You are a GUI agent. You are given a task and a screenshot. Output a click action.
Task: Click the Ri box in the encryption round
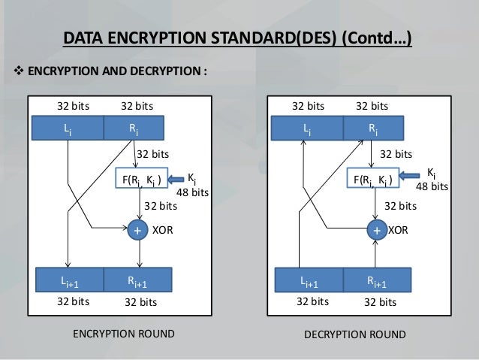coord(134,129)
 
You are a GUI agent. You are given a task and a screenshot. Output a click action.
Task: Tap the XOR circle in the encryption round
coord(137,231)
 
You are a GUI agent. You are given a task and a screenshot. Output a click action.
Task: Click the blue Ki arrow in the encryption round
coord(177,179)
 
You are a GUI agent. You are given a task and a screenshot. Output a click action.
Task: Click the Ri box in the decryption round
coord(372,129)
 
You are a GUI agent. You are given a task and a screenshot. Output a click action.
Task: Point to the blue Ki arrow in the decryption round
coord(415,178)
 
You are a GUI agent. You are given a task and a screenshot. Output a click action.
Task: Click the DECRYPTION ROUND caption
coord(355,334)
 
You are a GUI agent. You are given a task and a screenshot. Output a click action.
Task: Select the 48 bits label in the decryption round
coord(432,186)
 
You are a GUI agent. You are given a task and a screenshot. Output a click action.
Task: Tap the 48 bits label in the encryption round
coord(193,193)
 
